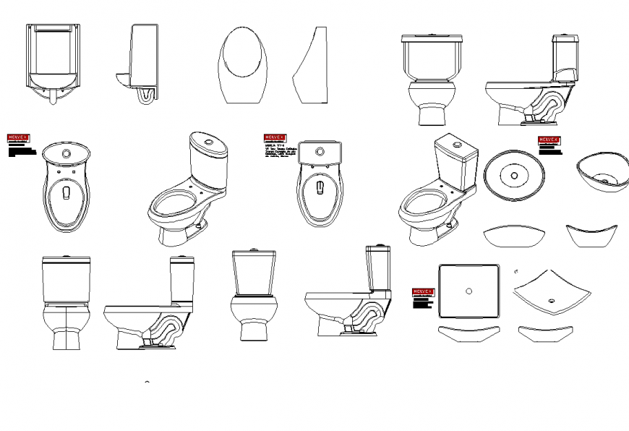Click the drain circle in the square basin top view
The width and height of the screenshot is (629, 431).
tap(469, 291)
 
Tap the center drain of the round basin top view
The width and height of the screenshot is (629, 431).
tap(514, 175)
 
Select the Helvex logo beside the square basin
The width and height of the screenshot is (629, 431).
tap(423, 292)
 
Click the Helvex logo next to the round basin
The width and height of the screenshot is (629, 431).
tap(549, 140)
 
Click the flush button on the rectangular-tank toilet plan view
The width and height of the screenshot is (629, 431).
tap(320, 150)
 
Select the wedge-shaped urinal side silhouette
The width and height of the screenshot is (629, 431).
tap(312, 69)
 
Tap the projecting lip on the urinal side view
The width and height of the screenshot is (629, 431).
tap(121, 74)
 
